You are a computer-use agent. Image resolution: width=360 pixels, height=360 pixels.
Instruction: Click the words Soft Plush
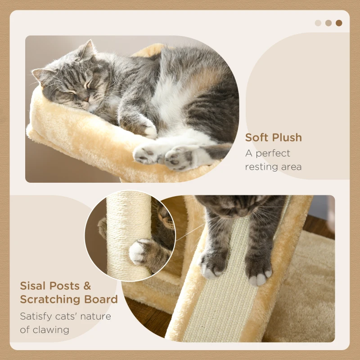point(273,138)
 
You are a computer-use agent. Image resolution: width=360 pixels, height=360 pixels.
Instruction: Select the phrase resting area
point(273,167)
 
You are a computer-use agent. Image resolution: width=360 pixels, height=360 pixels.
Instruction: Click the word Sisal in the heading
point(34,286)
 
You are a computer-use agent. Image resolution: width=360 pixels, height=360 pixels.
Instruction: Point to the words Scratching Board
point(68,300)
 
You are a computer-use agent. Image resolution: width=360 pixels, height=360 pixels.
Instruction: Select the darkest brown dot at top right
point(339,23)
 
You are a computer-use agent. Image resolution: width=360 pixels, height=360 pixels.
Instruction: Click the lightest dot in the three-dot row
point(318,23)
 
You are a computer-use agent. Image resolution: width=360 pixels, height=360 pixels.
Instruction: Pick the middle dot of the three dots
point(328,23)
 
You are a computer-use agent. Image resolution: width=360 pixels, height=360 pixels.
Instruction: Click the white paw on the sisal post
point(139,252)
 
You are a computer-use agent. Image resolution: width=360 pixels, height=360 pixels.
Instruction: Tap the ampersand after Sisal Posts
point(86,286)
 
